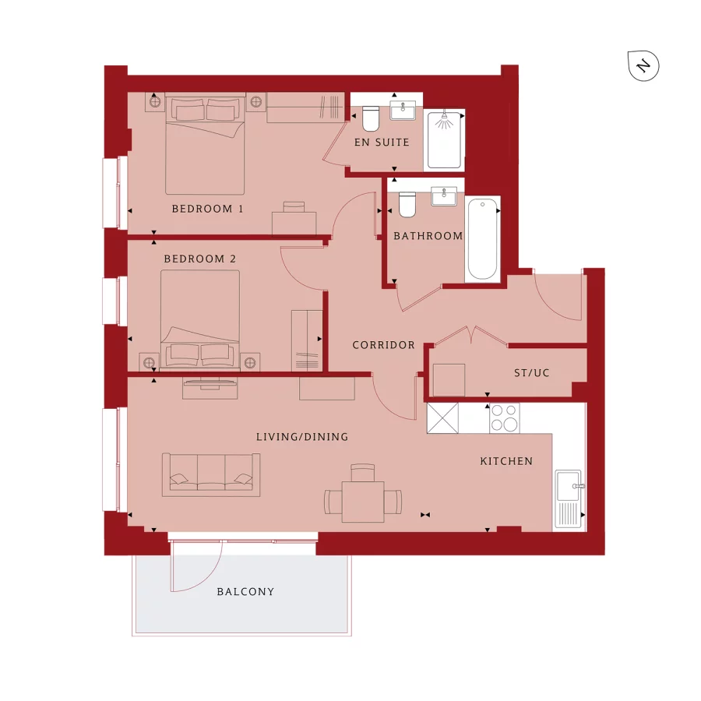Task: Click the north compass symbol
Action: (643, 65)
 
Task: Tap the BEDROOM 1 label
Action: (208, 209)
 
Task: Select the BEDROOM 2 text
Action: (199, 259)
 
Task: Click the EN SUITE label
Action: (382, 143)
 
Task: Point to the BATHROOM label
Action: (428, 236)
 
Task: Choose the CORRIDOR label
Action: (383, 345)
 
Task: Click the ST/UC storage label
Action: (531, 373)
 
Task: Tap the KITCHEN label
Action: (506, 461)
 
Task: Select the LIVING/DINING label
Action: (302, 437)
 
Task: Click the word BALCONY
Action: (245, 592)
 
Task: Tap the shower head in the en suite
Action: (444, 121)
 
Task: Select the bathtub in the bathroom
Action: (481, 239)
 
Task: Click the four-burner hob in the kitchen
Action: (504, 418)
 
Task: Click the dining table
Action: (363, 502)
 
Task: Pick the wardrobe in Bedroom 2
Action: (307, 340)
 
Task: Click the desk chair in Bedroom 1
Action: (294, 206)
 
